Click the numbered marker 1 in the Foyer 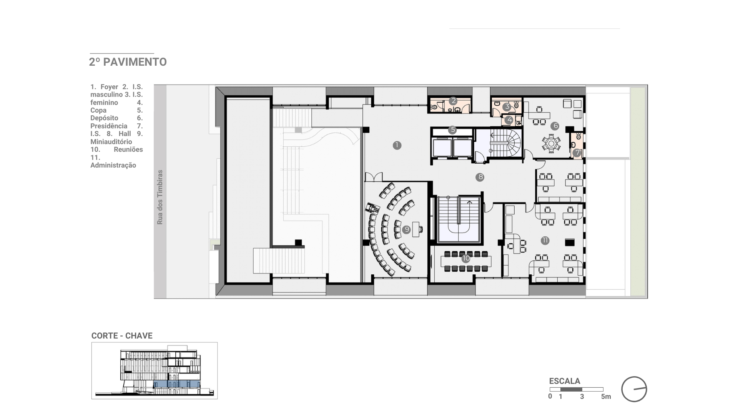click(397, 145)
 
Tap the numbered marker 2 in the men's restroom click(454, 101)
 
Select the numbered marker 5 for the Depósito click(452, 130)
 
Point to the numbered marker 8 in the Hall click(480, 177)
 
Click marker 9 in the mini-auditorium click(407, 230)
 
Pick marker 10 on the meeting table click(466, 259)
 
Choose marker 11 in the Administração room click(545, 241)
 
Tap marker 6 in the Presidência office click(555, 126)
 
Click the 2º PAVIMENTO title click(128, 62)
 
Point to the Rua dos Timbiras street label click(160, 197)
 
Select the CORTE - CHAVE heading click(122, 336)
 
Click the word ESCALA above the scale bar click(565, 381)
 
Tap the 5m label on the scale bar click(606, 397)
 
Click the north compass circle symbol click(634, 389)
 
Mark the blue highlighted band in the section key click(177, 383)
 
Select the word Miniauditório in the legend click(111, 142)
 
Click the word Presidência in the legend click(109, 126)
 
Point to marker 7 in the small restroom click(577, 153)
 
